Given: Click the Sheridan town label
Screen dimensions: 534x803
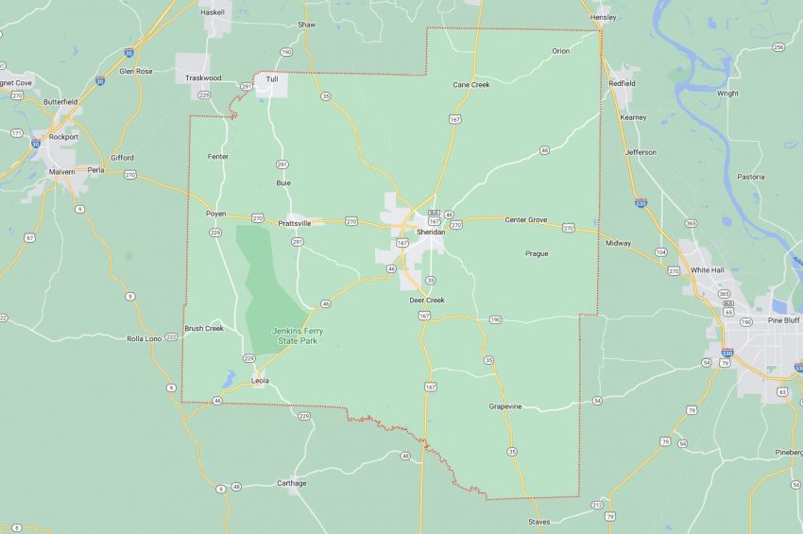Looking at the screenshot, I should coord(430,231).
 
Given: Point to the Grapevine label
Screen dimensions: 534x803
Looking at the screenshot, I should coord(505,406).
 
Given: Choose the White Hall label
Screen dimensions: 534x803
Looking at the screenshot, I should coord(707,269).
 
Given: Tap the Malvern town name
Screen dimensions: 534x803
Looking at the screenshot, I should coord(62,172).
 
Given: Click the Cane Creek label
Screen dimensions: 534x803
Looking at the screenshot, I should coord(470,85).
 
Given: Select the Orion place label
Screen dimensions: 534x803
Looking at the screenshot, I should coord(561,51).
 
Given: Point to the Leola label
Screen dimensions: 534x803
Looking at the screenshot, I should coord(260,381).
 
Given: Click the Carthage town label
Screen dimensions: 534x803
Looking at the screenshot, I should coord(292,483).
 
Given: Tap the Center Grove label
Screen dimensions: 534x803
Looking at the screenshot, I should coord(525,219).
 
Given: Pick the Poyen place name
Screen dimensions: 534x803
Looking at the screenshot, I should coord(215,214).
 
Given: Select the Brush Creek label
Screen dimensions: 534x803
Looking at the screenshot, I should coord(204,329).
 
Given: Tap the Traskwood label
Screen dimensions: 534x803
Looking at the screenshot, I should coord(203,77).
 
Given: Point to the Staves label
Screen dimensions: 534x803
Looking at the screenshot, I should coord(538,522).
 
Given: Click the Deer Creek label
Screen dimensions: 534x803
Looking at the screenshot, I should coord(426,300).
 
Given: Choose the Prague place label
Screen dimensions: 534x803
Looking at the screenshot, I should coord(536,253).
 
